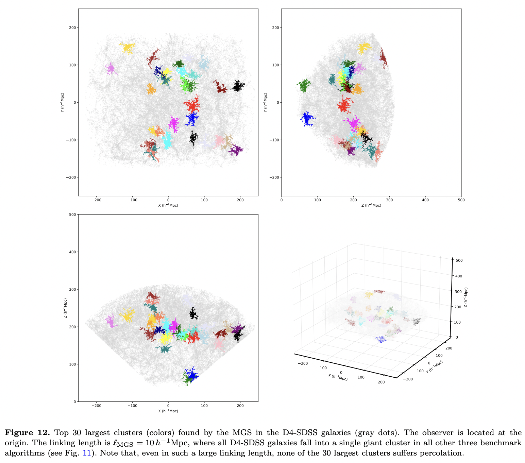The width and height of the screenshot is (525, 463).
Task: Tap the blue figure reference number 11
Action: tap(87, 453)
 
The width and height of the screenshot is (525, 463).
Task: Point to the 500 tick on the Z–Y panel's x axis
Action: tap(461, 200)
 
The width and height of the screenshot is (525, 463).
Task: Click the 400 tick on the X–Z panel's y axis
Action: tap(73, 252)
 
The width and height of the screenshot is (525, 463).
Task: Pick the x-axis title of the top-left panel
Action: tap(168, 205)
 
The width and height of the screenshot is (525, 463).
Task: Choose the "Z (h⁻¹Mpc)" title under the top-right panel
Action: tap(371, 205)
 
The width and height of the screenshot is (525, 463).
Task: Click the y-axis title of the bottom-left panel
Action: tap(65, 308)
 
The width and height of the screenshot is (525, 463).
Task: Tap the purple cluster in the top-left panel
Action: tap(235, 150)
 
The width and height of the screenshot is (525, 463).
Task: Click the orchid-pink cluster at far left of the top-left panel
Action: tap(111, 69)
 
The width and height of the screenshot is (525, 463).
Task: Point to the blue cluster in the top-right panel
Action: tap(307, 119)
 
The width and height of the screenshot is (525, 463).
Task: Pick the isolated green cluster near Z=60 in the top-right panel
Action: tap(304, 85)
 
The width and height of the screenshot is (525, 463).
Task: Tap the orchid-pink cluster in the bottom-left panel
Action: tap(110, 321)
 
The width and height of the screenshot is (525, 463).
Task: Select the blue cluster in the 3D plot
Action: tap(381, 339)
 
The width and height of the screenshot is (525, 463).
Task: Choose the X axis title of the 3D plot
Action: tap(338, 377)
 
